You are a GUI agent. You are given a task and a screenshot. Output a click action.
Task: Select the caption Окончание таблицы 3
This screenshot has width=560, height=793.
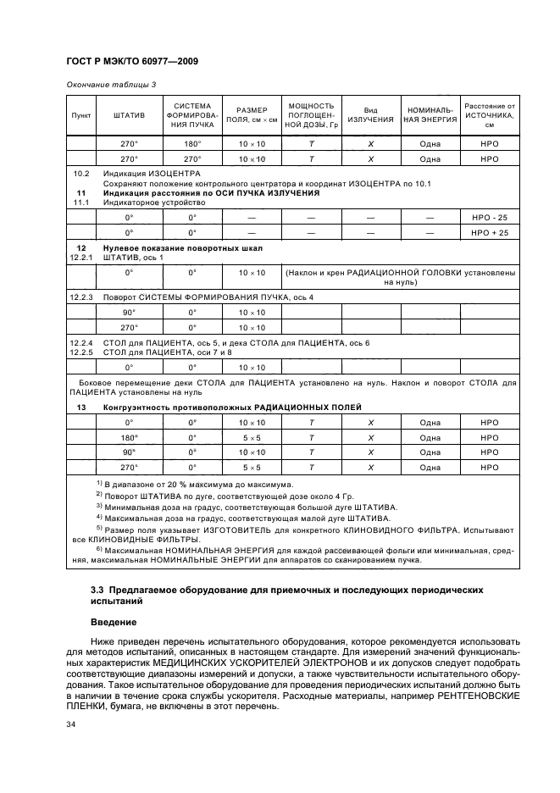(105, 84)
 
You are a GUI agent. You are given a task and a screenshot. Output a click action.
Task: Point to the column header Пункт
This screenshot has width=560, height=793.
(80, 115)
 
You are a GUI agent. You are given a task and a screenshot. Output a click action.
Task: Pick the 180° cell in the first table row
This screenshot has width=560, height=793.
(192, 144)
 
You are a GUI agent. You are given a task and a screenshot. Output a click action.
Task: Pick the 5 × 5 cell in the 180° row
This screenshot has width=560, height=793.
(252, 437)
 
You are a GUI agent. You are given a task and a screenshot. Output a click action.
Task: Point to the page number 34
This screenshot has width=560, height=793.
(71, 724)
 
